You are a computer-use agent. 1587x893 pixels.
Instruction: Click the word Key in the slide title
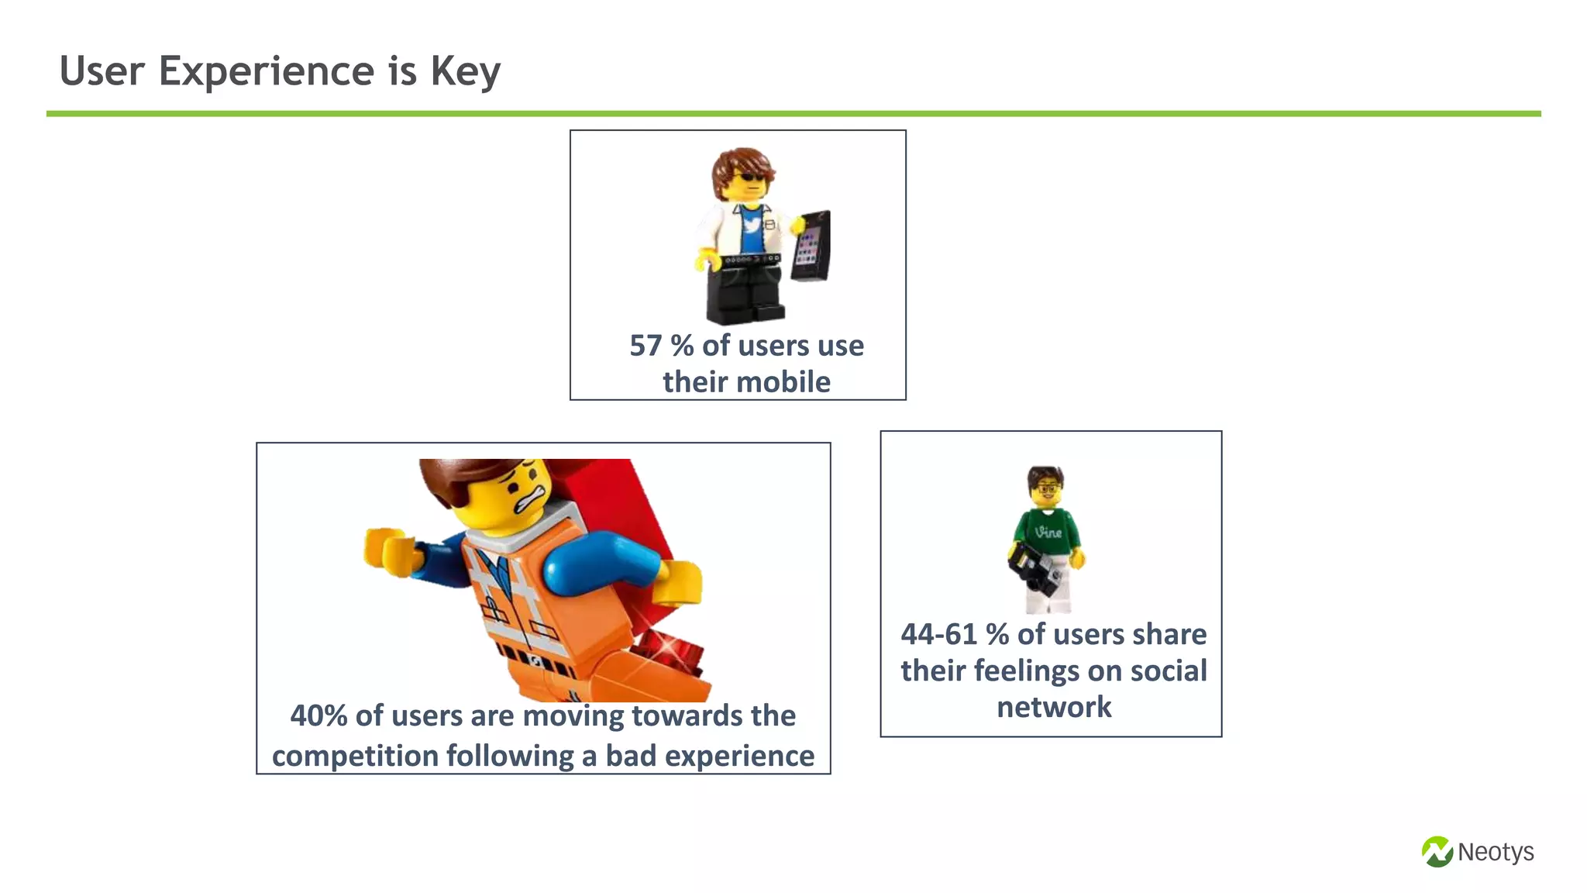click(465, 71)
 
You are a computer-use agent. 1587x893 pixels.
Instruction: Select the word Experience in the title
click(267, 71)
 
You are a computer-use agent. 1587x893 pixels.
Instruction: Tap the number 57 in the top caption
click(645, 346)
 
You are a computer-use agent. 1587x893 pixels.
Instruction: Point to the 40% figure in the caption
click(318, 715)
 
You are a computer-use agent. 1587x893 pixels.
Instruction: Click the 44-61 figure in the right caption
click(938, 634)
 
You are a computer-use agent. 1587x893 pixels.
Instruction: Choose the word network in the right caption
click(1054, 707)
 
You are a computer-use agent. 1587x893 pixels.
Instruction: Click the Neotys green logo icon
click(1437, 852)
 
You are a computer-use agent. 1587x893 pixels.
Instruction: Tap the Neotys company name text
click(1496, 852)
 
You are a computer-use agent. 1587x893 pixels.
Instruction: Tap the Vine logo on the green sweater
click(1048, 532)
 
